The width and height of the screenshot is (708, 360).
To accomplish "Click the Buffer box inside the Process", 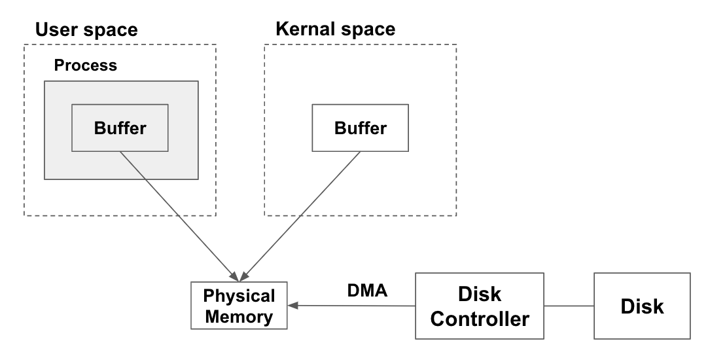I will coord(120,128).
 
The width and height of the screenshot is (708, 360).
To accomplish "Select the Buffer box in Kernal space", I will coord(360,128).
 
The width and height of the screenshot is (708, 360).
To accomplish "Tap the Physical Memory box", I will coord(239,306).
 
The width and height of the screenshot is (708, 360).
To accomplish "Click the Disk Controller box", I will coord(481,306).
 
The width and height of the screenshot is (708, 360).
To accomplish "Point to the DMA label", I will coord(367,290).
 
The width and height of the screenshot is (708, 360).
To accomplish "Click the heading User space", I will coord(86,29).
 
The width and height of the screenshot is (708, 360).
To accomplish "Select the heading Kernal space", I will coord(336,29).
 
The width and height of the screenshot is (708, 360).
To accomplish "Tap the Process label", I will coord(85,65).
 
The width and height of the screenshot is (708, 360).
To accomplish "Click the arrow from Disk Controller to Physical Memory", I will coord(353,305).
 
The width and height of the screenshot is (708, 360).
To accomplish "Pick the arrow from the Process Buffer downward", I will coord(177,209).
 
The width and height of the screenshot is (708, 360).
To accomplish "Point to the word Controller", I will coord(481,319).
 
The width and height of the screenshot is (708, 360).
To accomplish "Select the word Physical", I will coord(239,296).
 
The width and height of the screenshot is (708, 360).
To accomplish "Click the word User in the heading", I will coord(55,29).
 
